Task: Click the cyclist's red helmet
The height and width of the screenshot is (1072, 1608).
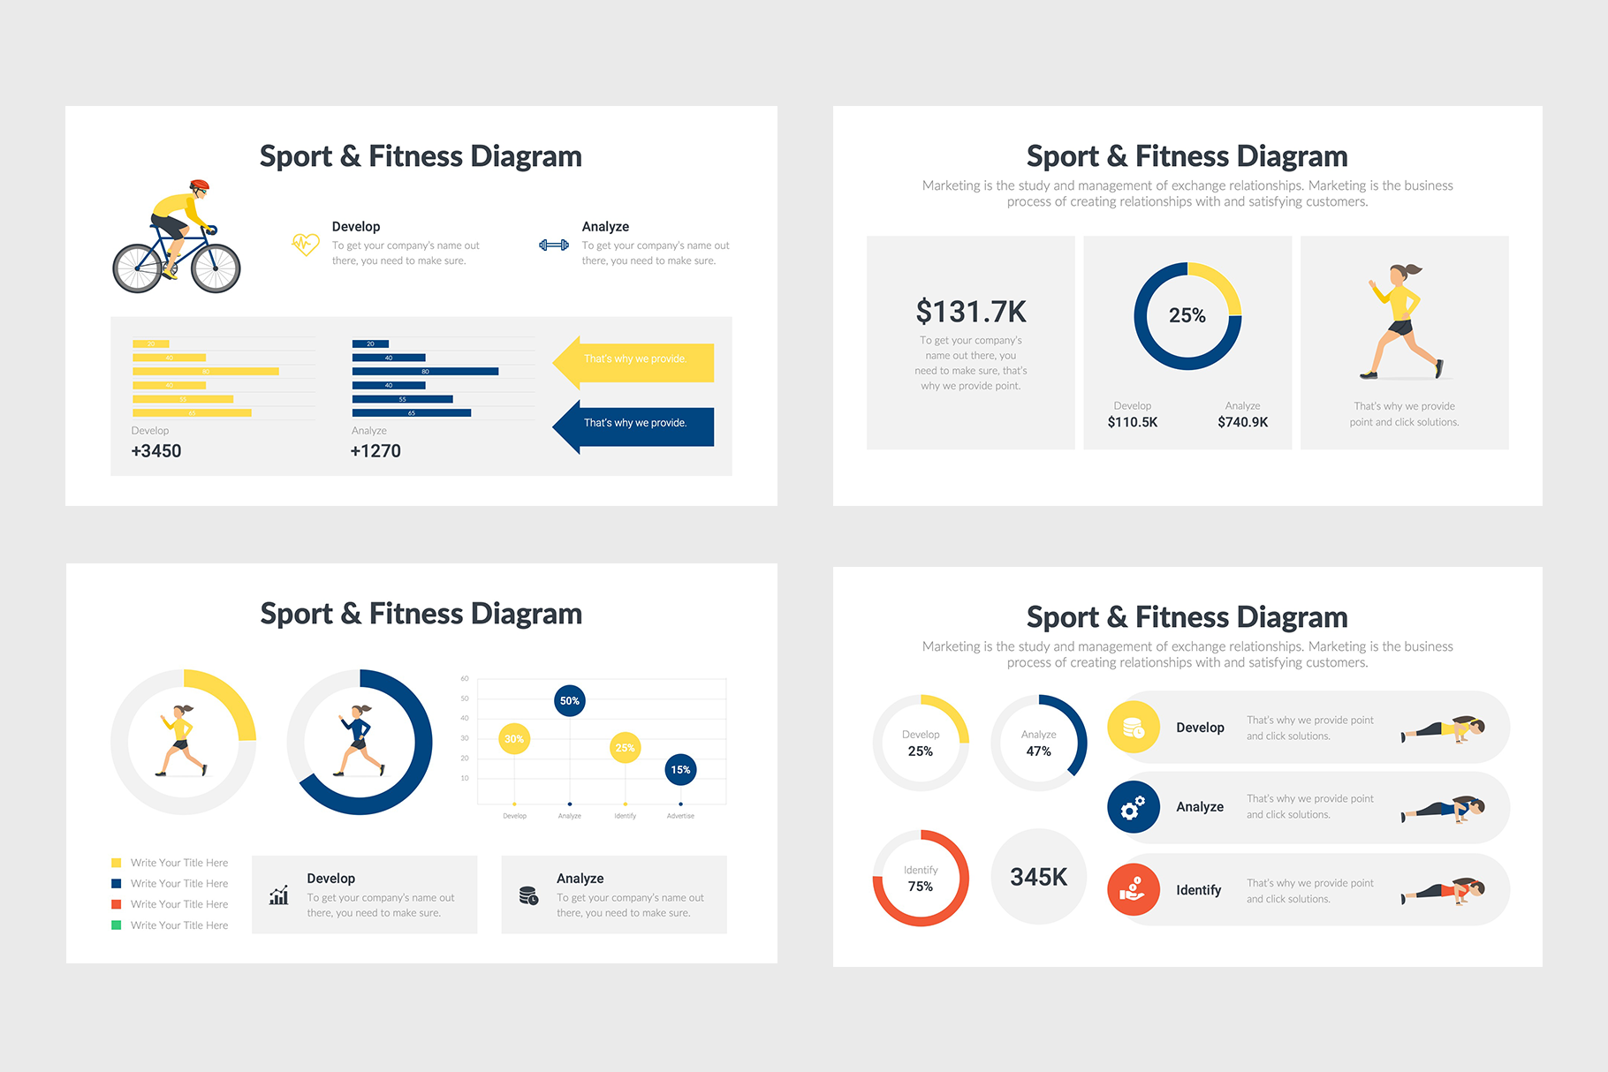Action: pos(200,185)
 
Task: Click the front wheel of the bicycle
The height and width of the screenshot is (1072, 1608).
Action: pos(216,268)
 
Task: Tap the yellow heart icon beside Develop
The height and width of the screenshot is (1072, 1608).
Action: pos(305,244)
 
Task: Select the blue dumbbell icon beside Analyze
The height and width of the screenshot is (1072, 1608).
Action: pos(554,245)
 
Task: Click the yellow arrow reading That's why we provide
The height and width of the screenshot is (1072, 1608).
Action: pos(634,360)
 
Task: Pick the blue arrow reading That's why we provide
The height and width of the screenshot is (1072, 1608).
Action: pos(634,424)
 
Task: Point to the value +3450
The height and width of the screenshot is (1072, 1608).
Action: pos(156,451)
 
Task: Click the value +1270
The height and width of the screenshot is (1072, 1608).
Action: pos(375,451)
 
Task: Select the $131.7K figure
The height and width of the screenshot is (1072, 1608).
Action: pos(971,312)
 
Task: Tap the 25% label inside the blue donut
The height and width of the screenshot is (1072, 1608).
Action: pos(1187,315)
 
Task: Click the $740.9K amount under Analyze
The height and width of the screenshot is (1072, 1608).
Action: pos(1242,422)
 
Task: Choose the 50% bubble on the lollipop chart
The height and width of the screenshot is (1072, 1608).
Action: pos(570,701)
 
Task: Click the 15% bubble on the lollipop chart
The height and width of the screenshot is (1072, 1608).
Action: pos(680,770)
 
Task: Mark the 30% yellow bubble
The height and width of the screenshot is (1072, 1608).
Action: pos(514,739)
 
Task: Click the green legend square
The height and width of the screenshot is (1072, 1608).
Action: pos(116,925)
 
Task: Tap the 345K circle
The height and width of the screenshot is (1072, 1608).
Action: pos(1038,877)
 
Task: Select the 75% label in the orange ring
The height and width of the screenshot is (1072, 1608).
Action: pos(921,887)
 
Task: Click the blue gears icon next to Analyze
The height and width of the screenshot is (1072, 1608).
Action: pos(1134,807)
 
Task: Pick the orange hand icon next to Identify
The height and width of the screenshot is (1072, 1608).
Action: pos(1134,889)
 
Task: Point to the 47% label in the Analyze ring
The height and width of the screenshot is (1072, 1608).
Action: pos(1038,751)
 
